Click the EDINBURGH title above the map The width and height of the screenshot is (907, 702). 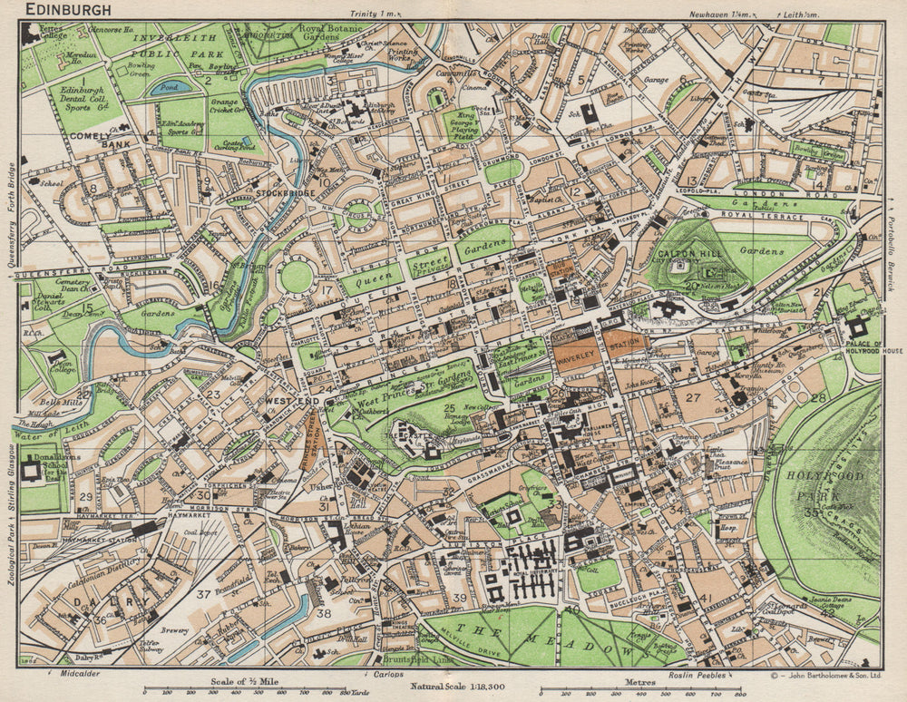69,10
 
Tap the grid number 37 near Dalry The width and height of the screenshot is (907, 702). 204,595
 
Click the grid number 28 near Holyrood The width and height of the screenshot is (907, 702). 819,397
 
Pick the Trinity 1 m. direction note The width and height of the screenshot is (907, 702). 373,15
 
